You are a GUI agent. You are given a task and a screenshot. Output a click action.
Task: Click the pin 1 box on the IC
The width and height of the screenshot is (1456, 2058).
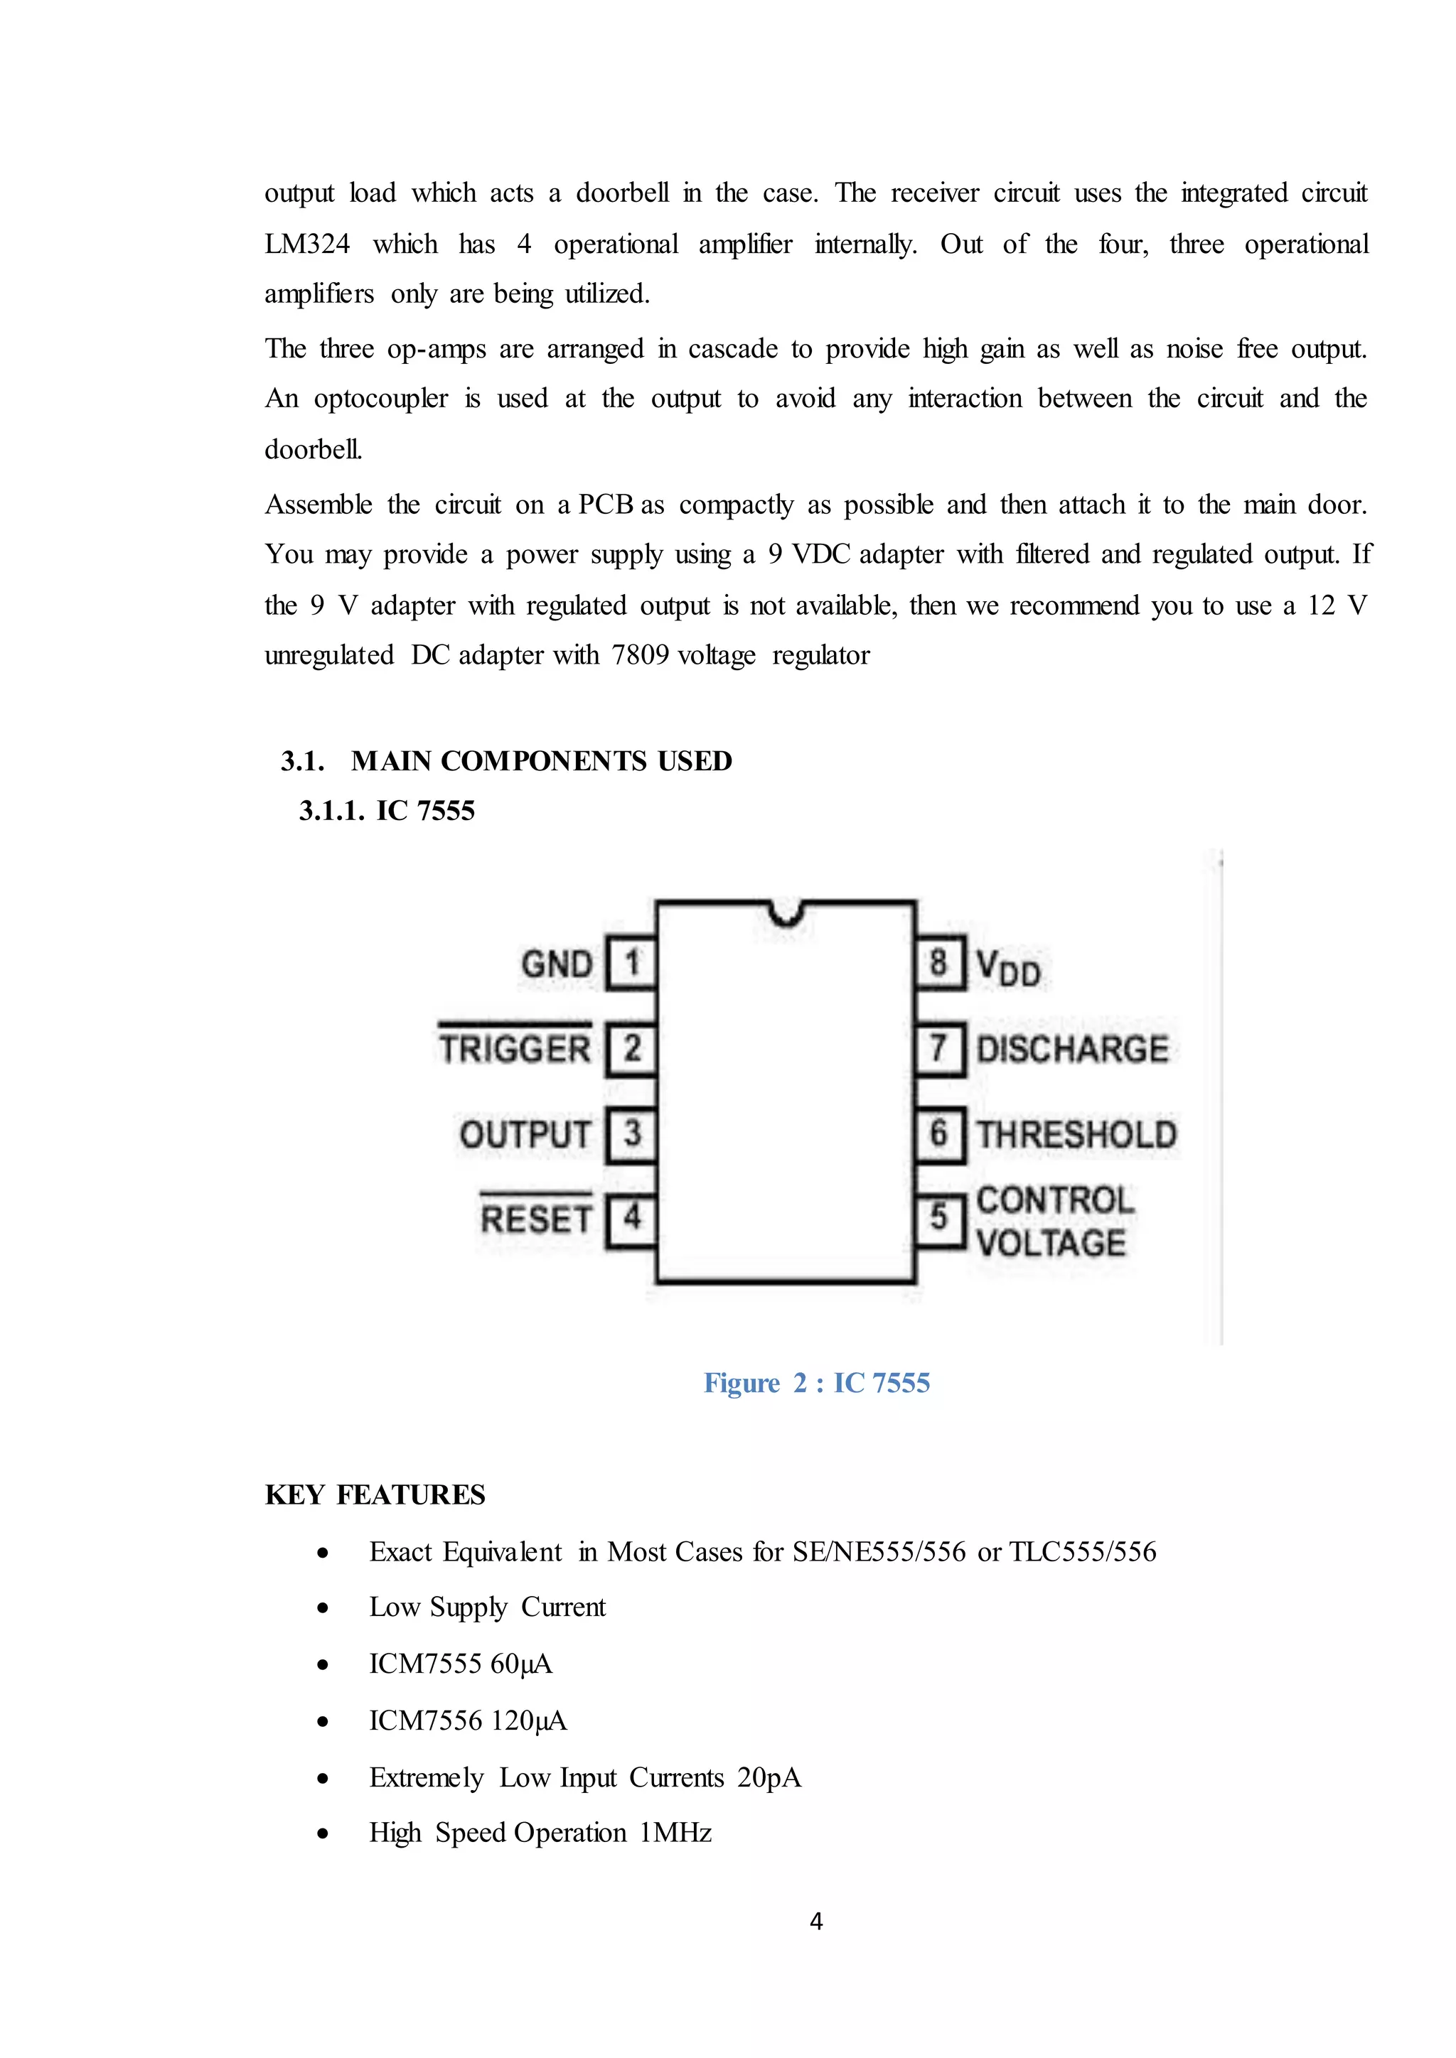tap(632, 964)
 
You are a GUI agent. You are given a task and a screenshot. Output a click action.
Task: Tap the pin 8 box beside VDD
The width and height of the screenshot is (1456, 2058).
tap(938, 964)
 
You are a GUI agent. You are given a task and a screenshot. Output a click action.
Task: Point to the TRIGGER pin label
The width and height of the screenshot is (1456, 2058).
tap(515, 1049)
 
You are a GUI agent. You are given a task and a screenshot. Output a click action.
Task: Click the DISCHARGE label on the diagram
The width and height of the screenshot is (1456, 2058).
tap(1072, 1049)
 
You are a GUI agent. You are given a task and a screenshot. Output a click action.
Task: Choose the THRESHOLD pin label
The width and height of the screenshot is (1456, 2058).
tap(1076, 1134)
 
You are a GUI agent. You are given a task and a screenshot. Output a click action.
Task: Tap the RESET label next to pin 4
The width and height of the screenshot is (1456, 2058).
tap(536, 1219)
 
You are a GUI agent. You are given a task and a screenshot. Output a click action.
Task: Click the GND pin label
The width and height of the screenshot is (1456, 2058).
tap(557, 964)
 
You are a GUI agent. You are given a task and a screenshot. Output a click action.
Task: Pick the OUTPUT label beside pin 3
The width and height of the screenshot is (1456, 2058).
tap(525, 1135)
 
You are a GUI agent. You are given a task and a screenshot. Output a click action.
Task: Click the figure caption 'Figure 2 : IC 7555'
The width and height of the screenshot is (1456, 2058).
tap(817, 1382)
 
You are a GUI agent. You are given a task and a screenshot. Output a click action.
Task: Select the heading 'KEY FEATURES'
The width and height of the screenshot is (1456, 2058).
tap(375, 1494)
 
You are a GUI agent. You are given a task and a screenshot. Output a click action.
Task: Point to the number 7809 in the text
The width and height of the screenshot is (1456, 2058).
tap(640, 655)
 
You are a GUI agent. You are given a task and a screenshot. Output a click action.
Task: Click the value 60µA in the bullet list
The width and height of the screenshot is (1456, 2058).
tap(521, 1664)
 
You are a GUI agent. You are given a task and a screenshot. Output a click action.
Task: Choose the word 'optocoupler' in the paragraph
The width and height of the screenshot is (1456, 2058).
tap(380, 398)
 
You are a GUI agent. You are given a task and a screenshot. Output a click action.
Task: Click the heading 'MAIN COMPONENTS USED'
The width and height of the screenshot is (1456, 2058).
tap(542, 761)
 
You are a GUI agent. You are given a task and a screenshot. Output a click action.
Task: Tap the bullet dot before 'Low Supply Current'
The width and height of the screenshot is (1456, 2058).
tap(323, 1608)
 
